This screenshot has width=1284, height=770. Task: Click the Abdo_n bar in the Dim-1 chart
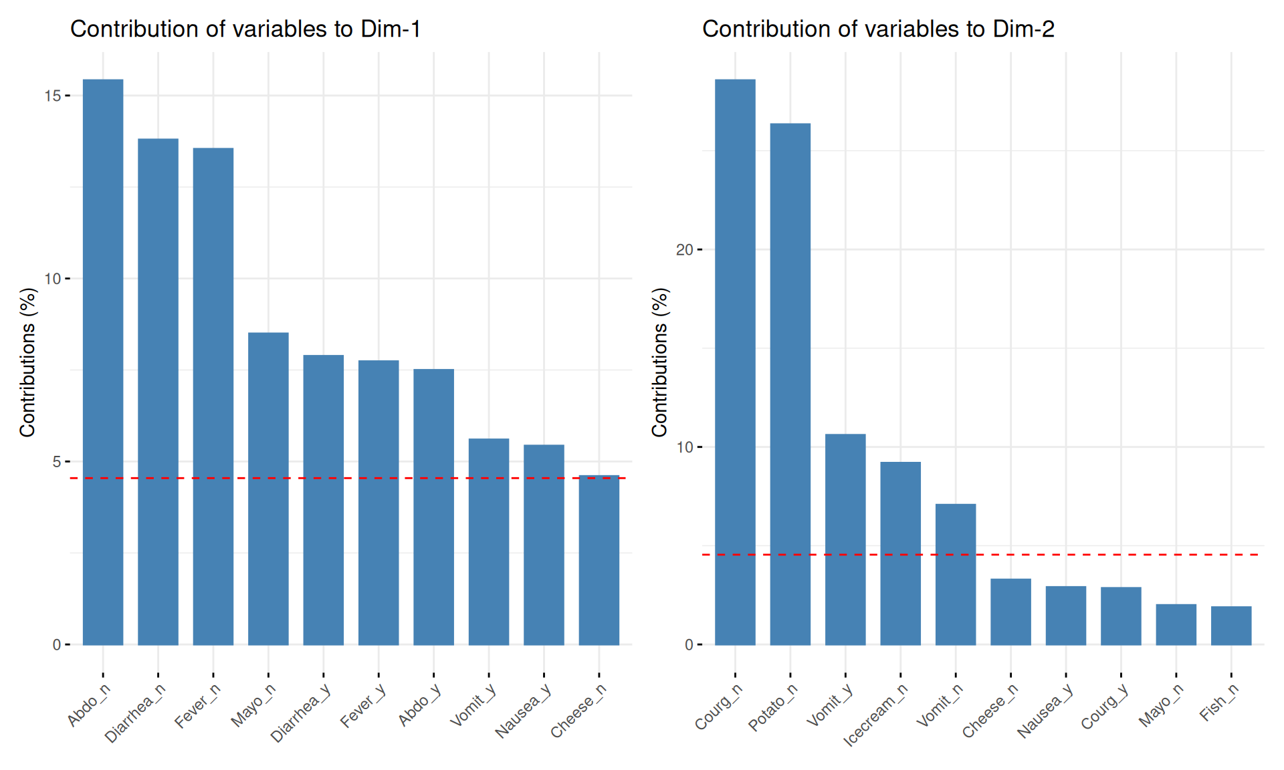103,362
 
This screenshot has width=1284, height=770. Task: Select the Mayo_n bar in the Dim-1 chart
268,489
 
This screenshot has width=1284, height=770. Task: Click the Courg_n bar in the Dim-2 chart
735,362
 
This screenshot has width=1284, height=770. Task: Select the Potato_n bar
790,384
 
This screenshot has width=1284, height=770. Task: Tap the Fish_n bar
1231,626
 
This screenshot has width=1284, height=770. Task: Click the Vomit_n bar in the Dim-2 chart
956,574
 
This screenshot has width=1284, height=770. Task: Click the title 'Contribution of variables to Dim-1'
245,29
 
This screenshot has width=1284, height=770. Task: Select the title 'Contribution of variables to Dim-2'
878,29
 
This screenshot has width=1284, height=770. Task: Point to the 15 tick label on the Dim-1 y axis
52,96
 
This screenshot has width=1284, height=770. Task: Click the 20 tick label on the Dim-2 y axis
684,250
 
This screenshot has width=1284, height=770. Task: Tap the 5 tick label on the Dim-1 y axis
56,462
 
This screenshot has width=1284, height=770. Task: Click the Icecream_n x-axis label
875,715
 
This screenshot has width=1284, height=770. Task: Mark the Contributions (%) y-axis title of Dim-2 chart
660,362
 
